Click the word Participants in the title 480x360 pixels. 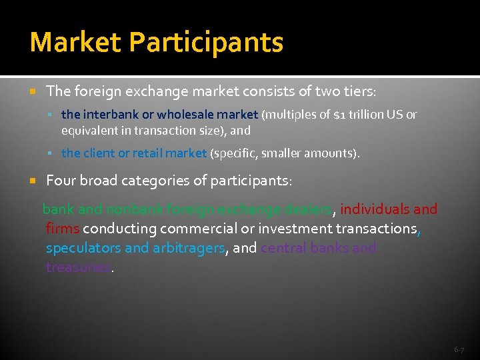tap(207, 42)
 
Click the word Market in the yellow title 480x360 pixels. tap(75, 42)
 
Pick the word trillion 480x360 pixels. tap(365, 115)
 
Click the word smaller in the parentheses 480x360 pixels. tap(283, 153)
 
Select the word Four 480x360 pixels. tap(60, 181)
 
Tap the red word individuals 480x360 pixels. tap(375, 209)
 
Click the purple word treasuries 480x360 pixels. tap(78, 267)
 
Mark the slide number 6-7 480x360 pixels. tap(459, 349)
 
